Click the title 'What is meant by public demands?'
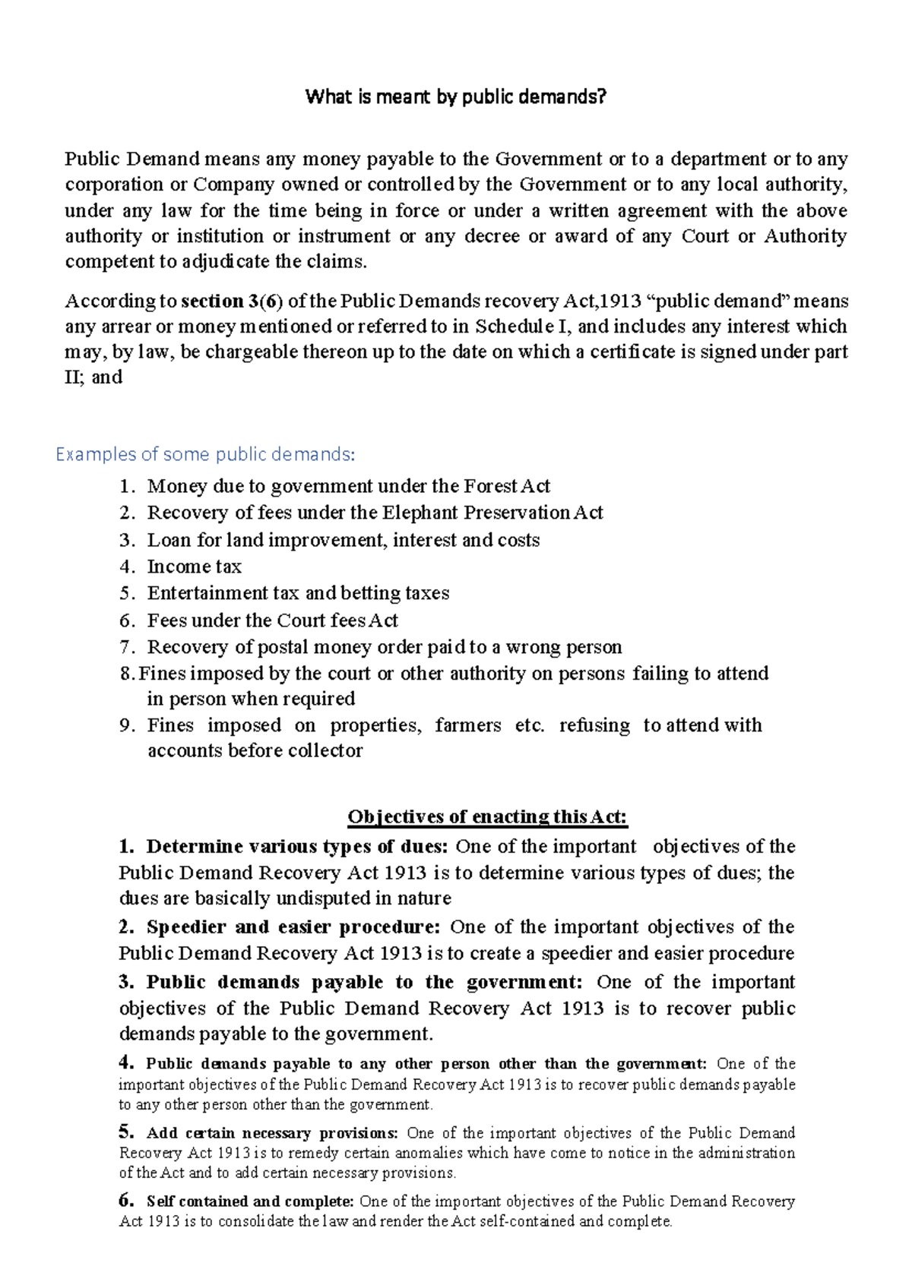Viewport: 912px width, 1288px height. click(455, 96)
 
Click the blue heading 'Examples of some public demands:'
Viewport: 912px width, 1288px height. click(205, 454)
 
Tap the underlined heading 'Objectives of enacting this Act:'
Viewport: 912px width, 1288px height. click(487, 817)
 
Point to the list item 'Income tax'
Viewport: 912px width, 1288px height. click(195, 567)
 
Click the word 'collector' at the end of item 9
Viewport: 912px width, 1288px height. click(325, 751)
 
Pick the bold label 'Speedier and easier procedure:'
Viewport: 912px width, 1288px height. click(293, 927)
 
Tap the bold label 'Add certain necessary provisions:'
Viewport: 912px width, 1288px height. click(271, 1133)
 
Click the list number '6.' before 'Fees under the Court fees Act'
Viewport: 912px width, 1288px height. click(127, 620)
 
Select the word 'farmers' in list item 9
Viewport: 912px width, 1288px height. click(467, 725)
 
